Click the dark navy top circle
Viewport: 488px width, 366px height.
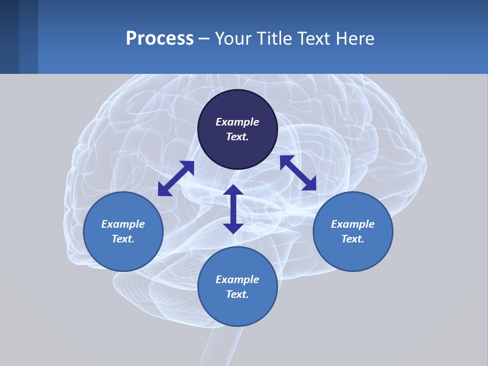(237, 130)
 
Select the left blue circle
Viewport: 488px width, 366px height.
(123, 231)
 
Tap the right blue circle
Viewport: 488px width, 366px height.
(353, 231)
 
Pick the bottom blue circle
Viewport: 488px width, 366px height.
(237, 286)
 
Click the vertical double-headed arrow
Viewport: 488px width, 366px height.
(233, 209)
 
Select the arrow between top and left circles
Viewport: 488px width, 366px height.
(176, 178)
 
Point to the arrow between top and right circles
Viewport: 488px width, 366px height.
(298, 173)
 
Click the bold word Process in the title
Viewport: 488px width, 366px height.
(160, 38)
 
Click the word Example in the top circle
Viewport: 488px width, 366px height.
(237, 122)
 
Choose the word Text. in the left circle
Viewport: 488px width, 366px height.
(123, 239)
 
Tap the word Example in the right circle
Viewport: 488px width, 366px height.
(353, 224)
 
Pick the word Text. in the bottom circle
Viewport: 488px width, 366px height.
(237, 294)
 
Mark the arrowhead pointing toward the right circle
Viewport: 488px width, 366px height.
(310, 185)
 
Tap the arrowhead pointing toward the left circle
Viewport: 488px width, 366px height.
(164, 190)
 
